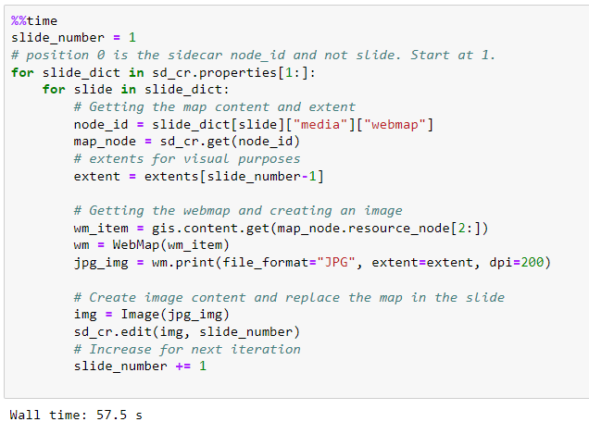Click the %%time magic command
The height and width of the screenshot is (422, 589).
(x=34, y=20)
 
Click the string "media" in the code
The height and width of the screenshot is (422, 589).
(x=314, y=124)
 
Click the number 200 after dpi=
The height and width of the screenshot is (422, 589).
(x=530, y=262)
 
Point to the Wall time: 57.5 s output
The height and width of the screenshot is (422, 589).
(x=75, y=415)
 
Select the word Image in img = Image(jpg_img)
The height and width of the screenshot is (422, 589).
(x=136, y=315)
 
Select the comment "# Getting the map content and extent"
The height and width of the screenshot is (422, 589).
(x=214, y=107)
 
